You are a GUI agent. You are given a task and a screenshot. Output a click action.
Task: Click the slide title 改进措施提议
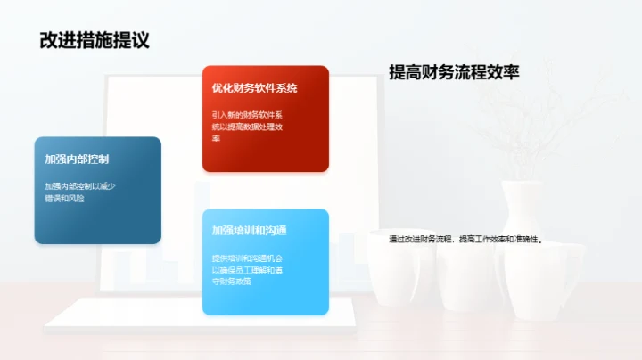coord(94,40)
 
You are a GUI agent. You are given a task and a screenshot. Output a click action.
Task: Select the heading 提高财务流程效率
coord(454,74)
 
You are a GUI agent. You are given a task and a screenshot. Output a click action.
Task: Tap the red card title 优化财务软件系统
coord(254,88)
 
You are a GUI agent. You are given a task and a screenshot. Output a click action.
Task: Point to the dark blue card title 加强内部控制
coord(77,160)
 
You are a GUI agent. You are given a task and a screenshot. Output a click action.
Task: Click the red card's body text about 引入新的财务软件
coord(247,127)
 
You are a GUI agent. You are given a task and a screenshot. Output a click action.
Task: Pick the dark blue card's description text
coord(81,192)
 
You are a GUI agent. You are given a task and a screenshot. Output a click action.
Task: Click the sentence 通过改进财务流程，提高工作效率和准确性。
coord(465,239)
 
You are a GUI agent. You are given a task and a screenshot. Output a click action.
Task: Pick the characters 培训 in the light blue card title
coord(243,231)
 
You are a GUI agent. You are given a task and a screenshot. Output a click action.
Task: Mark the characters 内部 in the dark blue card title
coord(77,160)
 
